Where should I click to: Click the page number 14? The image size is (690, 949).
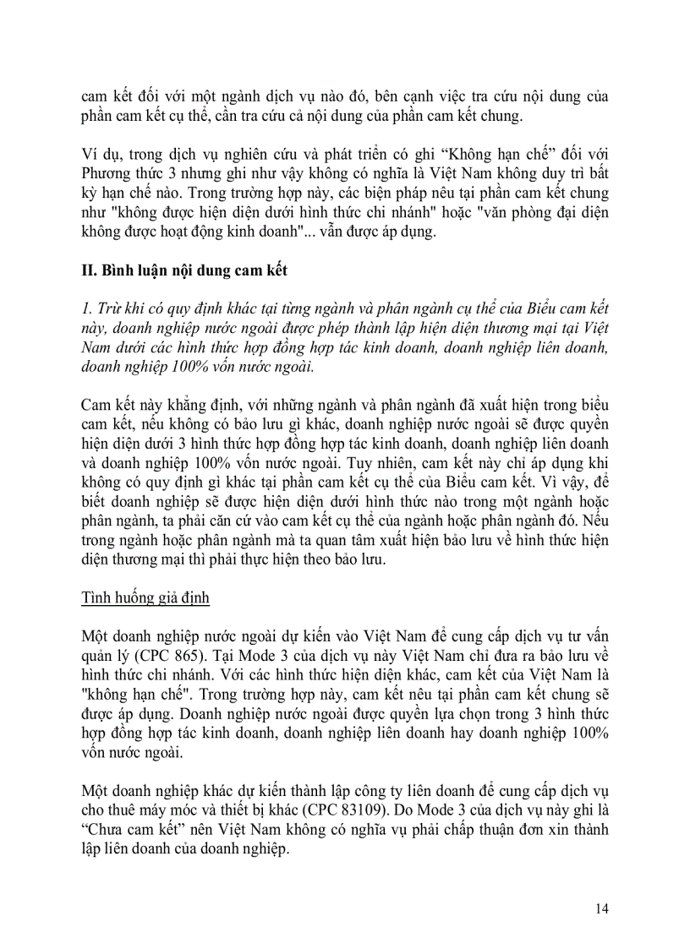[x=602, y=908]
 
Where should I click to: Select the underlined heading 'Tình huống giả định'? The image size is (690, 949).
[x=145, y=598]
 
